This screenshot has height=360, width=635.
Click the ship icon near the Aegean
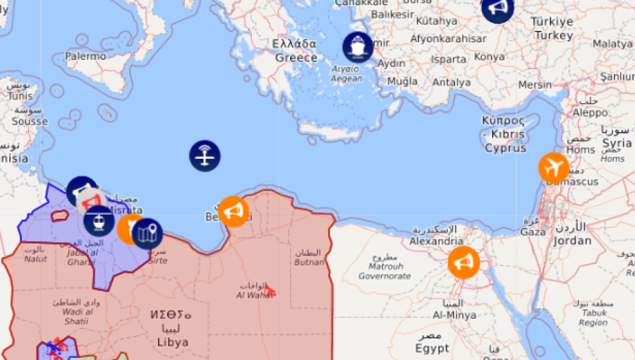click(x=358, y=47)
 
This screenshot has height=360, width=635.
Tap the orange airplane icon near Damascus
click(x=554, y=167)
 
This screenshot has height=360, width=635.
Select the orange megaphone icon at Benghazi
click(x=233, y=211)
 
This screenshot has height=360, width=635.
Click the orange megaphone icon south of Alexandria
click(x=464, y=263)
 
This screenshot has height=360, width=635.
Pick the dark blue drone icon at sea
click(x=205, y=155)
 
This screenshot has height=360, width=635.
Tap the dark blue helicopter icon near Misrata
click(x=99, y=221)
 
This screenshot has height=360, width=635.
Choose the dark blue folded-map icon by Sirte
click(x=147, y=233)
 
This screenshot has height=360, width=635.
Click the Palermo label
click(x=85, y=56)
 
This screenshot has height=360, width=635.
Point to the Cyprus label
click(x=505, y=148)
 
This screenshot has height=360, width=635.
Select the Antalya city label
click(x=451, y=83)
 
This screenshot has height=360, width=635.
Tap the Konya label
click(x=490, y=56)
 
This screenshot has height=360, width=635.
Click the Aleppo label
click(x=590, y=112)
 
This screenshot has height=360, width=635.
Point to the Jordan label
click(x=572, y=240)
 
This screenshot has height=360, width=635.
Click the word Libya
click(x=174, y=342)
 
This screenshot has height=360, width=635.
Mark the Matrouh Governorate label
click(x=385, y=271)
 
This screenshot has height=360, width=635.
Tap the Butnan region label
click(x=309, y=262)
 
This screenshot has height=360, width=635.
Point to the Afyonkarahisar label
click(x=448, y=39)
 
